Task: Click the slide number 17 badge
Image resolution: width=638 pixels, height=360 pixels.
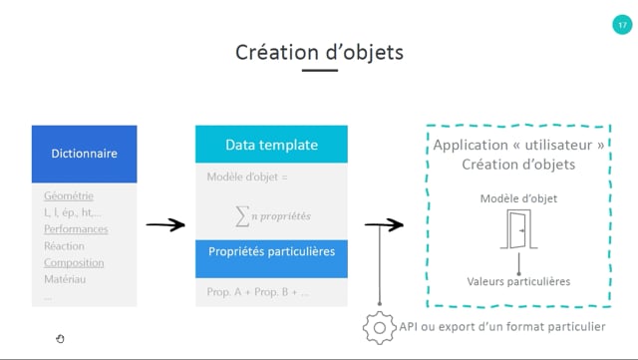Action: [622, 25]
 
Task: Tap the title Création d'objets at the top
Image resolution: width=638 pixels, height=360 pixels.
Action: [319, 53]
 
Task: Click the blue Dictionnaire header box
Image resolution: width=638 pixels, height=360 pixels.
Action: [84, 154]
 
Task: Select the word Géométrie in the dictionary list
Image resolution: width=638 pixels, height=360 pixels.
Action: [69, 195]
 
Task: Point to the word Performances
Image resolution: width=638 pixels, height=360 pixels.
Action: [76, 229]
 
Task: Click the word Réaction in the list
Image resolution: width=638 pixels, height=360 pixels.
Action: [64, 246]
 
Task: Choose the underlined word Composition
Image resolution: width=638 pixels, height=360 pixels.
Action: [74, 263]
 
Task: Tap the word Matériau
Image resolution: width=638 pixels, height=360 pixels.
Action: [65, 279]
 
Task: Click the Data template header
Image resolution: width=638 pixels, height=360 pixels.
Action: [271, 145]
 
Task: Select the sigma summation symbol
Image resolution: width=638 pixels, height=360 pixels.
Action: [242, 215]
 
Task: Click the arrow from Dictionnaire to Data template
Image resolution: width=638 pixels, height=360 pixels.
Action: [165, 224]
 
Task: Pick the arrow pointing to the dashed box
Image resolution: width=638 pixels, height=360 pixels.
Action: [384, 224]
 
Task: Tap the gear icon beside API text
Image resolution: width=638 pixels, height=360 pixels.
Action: [379, 328]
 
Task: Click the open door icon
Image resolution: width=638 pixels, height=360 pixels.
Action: [518, 229]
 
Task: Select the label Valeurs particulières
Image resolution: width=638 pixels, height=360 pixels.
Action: [518, 281]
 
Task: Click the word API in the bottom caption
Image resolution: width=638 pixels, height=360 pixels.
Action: [409, 327]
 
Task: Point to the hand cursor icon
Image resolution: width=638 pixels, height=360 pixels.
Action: [60, 339]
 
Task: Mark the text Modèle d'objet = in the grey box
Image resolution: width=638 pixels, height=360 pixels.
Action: [247, 177]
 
